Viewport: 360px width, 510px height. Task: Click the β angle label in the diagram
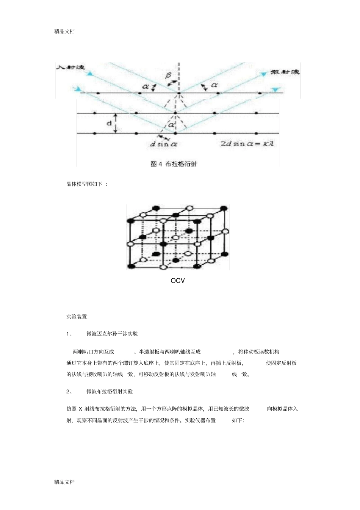[x=168, y=76]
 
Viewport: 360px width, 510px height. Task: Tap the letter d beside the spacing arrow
[x=109, y=123]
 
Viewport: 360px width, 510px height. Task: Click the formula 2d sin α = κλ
[x=247, y=144]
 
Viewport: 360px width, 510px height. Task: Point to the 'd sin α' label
[x=164, y=144]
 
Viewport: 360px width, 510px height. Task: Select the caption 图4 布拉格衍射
[x=174, y=164]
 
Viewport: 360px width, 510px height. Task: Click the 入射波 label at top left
[x=70, y=67]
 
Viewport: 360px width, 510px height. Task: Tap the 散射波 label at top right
[x=285, y=72]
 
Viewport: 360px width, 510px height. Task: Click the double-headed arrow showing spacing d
[x=116, y=123]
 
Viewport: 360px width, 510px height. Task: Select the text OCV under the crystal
[x=178, y=281]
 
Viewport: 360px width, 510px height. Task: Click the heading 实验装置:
[x=77, y=316]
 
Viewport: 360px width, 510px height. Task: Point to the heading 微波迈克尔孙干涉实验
[x=112, y=334]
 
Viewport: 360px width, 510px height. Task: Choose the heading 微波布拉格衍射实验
[x=110, y=391]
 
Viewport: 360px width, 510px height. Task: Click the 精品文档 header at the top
[x=64, y=31]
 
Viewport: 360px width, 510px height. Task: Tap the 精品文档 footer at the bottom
[x=64, y=482]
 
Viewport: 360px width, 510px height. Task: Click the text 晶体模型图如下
[x=85, y=184]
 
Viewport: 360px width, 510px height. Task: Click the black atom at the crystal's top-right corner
[x=224, y=207]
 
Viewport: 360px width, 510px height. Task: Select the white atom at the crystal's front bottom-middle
[x=163, y=267]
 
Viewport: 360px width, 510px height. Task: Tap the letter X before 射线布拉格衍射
[x=80, y=409]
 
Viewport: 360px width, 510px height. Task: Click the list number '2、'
[x=69, y=391]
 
